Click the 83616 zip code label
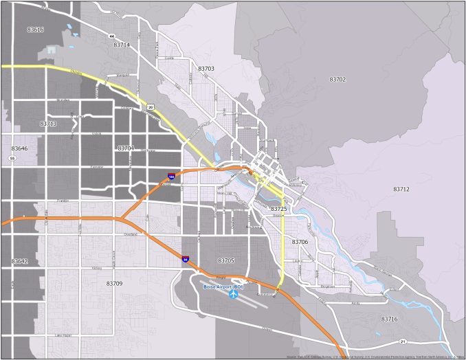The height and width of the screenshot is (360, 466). pyautogui.click(x=35, y=30)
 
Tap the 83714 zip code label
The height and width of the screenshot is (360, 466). pyautogui.click(x=122, y=45)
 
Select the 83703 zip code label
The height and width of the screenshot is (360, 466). pyautogui.click(x=206, y=69)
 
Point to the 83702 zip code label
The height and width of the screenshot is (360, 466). pyautogui.click(x=337, y=80)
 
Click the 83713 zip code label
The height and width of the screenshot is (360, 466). pyautogui.click(x=47, y=124)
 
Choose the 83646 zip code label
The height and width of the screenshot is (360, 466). pyautogui.click(x=19, y=148)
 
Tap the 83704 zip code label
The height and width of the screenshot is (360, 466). pyautogui.click(x=126, y=148)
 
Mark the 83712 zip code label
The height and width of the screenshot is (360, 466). pyautogui.click(x=401, y=189)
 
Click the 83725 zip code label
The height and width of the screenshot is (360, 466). pyautogui.click(x=278, y=208)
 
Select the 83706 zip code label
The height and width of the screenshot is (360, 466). pyautogui.click(x=300, y=242)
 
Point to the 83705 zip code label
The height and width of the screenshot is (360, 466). pyautogui.click(x=226, y=260)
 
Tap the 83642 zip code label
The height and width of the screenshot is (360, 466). pyautogui.click(x=19, y=262)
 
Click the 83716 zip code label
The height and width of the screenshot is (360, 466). pyautogui.click(x=389, y=319)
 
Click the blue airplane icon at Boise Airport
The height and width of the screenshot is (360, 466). pyautogui.click(x=234, y=294)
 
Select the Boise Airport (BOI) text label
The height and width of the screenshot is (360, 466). pyautogui.click(x=224, y=286)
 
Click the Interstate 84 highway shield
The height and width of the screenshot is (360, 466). pyautogui.click(x=186, y=259)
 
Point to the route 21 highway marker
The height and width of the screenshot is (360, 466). pyautogui.click(x=403, y=341)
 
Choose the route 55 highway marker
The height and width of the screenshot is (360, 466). pyautogui.click(x=12, y=158)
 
